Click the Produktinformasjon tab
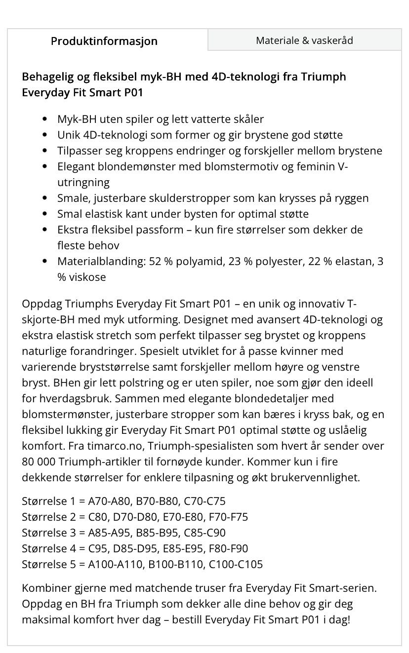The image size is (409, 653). [104, 41]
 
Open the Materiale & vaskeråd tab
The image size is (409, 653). [304, 40]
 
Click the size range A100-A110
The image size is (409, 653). [113, 564]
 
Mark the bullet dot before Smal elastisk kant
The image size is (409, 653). [45, 214]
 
